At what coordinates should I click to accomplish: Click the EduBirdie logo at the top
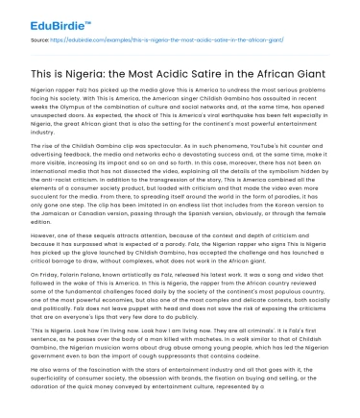tap(39, 12)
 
